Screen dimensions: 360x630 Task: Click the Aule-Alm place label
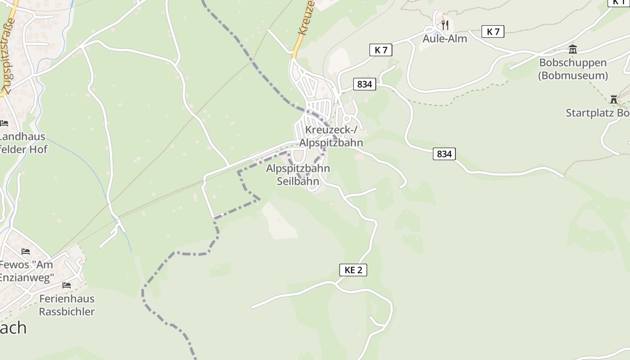[x=445, y=39]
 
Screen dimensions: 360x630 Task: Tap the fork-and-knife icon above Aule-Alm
[x=445, y=25]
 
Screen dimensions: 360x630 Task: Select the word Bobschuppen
[x=572, y=63]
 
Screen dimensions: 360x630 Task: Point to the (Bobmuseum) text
[x=572, y=75]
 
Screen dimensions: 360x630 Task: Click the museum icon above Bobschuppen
[x=572, y=49]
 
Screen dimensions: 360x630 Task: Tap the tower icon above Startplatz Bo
[x=613, y=99]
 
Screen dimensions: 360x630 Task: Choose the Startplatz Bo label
[x=598, y=113]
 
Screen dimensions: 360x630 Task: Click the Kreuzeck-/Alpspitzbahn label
[x=331, y=136]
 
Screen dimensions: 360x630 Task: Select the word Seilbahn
[x=298, y=181]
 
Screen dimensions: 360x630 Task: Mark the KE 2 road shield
[x=353, y=270]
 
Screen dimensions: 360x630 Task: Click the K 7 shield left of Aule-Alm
[x=381, y=50]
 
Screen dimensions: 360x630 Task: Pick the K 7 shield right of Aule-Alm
[x=493, y=31]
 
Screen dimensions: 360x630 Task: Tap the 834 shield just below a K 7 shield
[x=364, y=84]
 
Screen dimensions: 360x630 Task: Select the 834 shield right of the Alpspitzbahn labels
[x=444, y=154]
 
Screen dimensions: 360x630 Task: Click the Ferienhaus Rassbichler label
[x=67, y=305]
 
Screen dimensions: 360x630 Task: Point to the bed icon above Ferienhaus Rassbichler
[x=67, y=285]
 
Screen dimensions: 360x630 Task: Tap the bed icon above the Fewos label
[x=26, y=252]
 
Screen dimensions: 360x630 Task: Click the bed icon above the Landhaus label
[x=4, y=123]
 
